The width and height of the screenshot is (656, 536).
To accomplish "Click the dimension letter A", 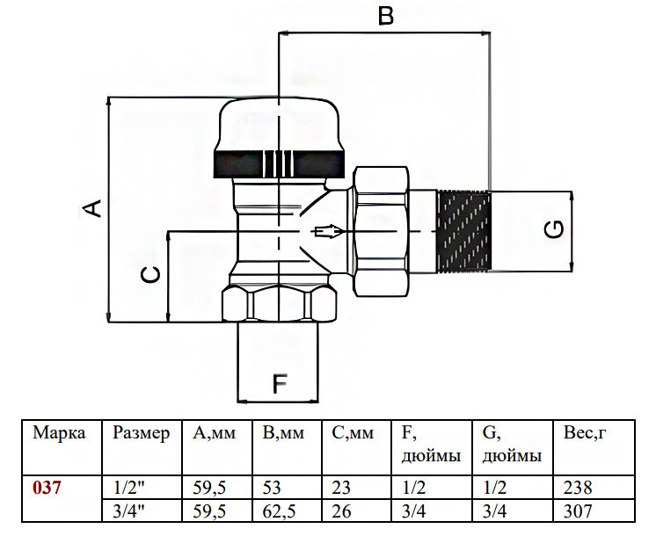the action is point(91,208).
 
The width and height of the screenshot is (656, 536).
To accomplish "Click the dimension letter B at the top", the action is point(385,16).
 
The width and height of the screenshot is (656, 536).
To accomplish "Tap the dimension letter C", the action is point(150,275).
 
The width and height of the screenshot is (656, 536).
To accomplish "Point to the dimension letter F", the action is point(280,384).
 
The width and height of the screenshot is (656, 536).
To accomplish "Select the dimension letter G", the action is point(554,229).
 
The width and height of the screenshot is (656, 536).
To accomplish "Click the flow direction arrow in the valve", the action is point(328,231).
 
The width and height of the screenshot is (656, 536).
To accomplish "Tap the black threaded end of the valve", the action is point(463,230).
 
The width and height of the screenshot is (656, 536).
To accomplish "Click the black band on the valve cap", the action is point(280,163).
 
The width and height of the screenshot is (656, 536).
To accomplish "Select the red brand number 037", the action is point(47,488).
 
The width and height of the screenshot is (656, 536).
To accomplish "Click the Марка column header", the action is point(59,432).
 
